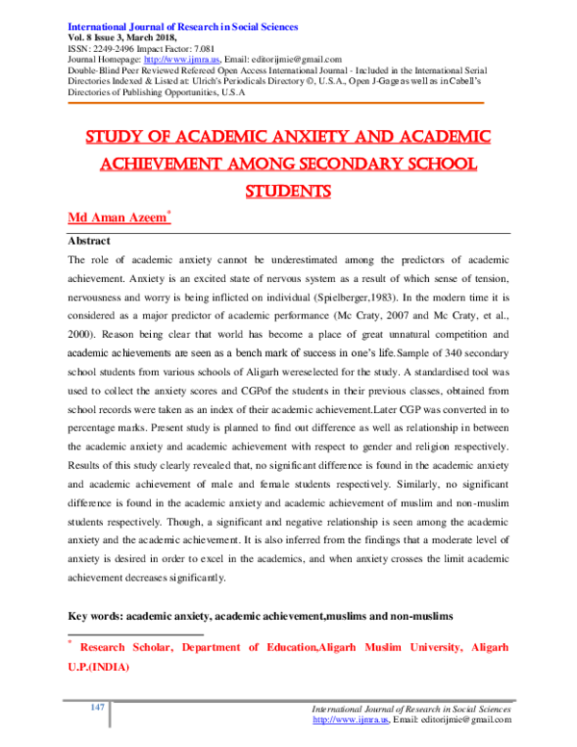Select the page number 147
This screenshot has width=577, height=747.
coord(97,708)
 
